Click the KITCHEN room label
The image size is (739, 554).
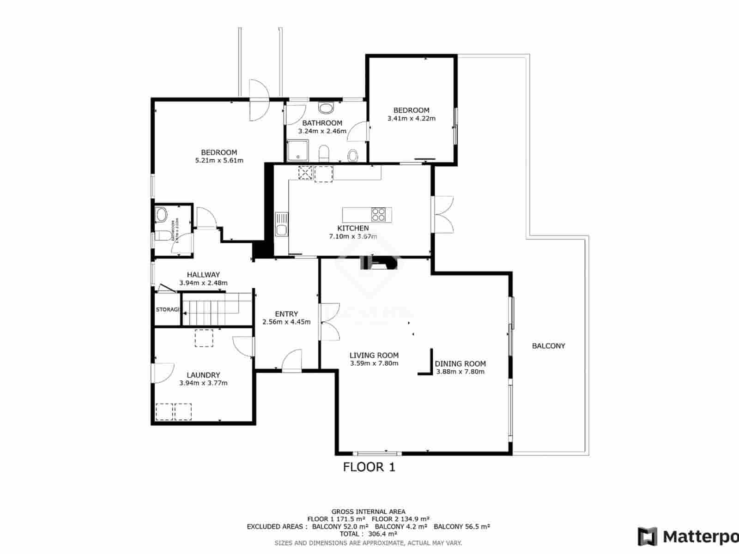[x=353, y=228]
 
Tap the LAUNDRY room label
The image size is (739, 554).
[x=203, y=375]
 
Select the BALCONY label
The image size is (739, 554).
[x=548, y=346]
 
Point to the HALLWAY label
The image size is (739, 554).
[x=203, y=275]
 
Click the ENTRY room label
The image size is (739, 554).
[x=286, y=314]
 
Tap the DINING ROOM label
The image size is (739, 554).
[x=460, y=364]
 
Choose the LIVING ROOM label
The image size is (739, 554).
[x=374, y=355]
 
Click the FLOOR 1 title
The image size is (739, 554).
[x=369, y=467]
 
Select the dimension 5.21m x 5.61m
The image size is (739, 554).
[x=219, y=161]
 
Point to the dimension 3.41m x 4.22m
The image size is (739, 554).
[x=411, y=118]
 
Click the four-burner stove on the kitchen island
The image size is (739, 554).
[x=379, y=215]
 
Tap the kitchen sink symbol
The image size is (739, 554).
[x=281, y=224]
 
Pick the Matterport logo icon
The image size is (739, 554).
[x=648, y=536]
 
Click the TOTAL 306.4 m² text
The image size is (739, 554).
[x=368, y=534]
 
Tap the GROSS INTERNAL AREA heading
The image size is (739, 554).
[x=368, y=512]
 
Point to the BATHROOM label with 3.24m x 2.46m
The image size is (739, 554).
[x=322, y=123]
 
